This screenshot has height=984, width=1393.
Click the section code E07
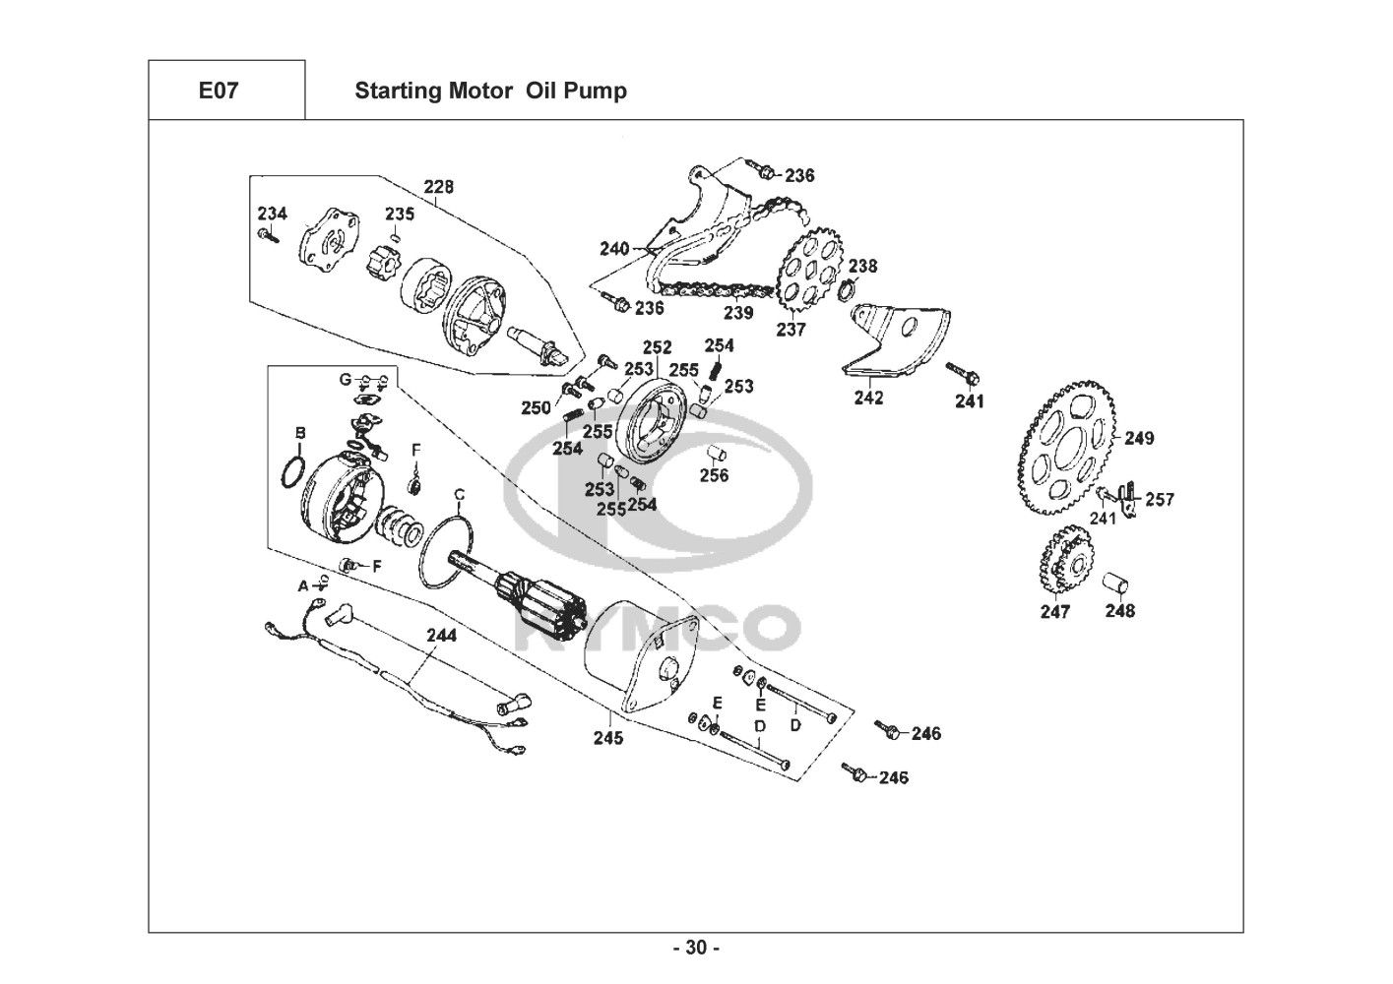[x=218, y=92]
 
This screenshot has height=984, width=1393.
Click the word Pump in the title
[x=602, y=92]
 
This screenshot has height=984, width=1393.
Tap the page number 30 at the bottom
[x=696, y=948]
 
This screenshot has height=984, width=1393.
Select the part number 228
[x=439, y=187]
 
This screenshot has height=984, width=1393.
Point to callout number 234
[x=273, y=214]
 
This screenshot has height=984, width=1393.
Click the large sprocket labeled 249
[x=1068, y=438]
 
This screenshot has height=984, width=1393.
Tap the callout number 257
[x=1160, y=500]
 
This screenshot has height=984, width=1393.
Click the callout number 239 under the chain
[x=738, y=313]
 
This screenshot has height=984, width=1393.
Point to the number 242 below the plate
[x=868, y=398]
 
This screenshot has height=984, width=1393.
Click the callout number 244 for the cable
[x=441, y=636]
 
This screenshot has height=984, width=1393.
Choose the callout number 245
[x=607, y=738]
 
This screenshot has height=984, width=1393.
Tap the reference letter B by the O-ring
[x=300, y=432]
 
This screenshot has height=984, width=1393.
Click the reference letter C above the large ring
[x=459, y=494]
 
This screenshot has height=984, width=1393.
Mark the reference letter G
[x=345, y=379]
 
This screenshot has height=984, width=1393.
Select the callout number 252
[x=657, y=347]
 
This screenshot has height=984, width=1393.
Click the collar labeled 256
[x=717, y=456]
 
